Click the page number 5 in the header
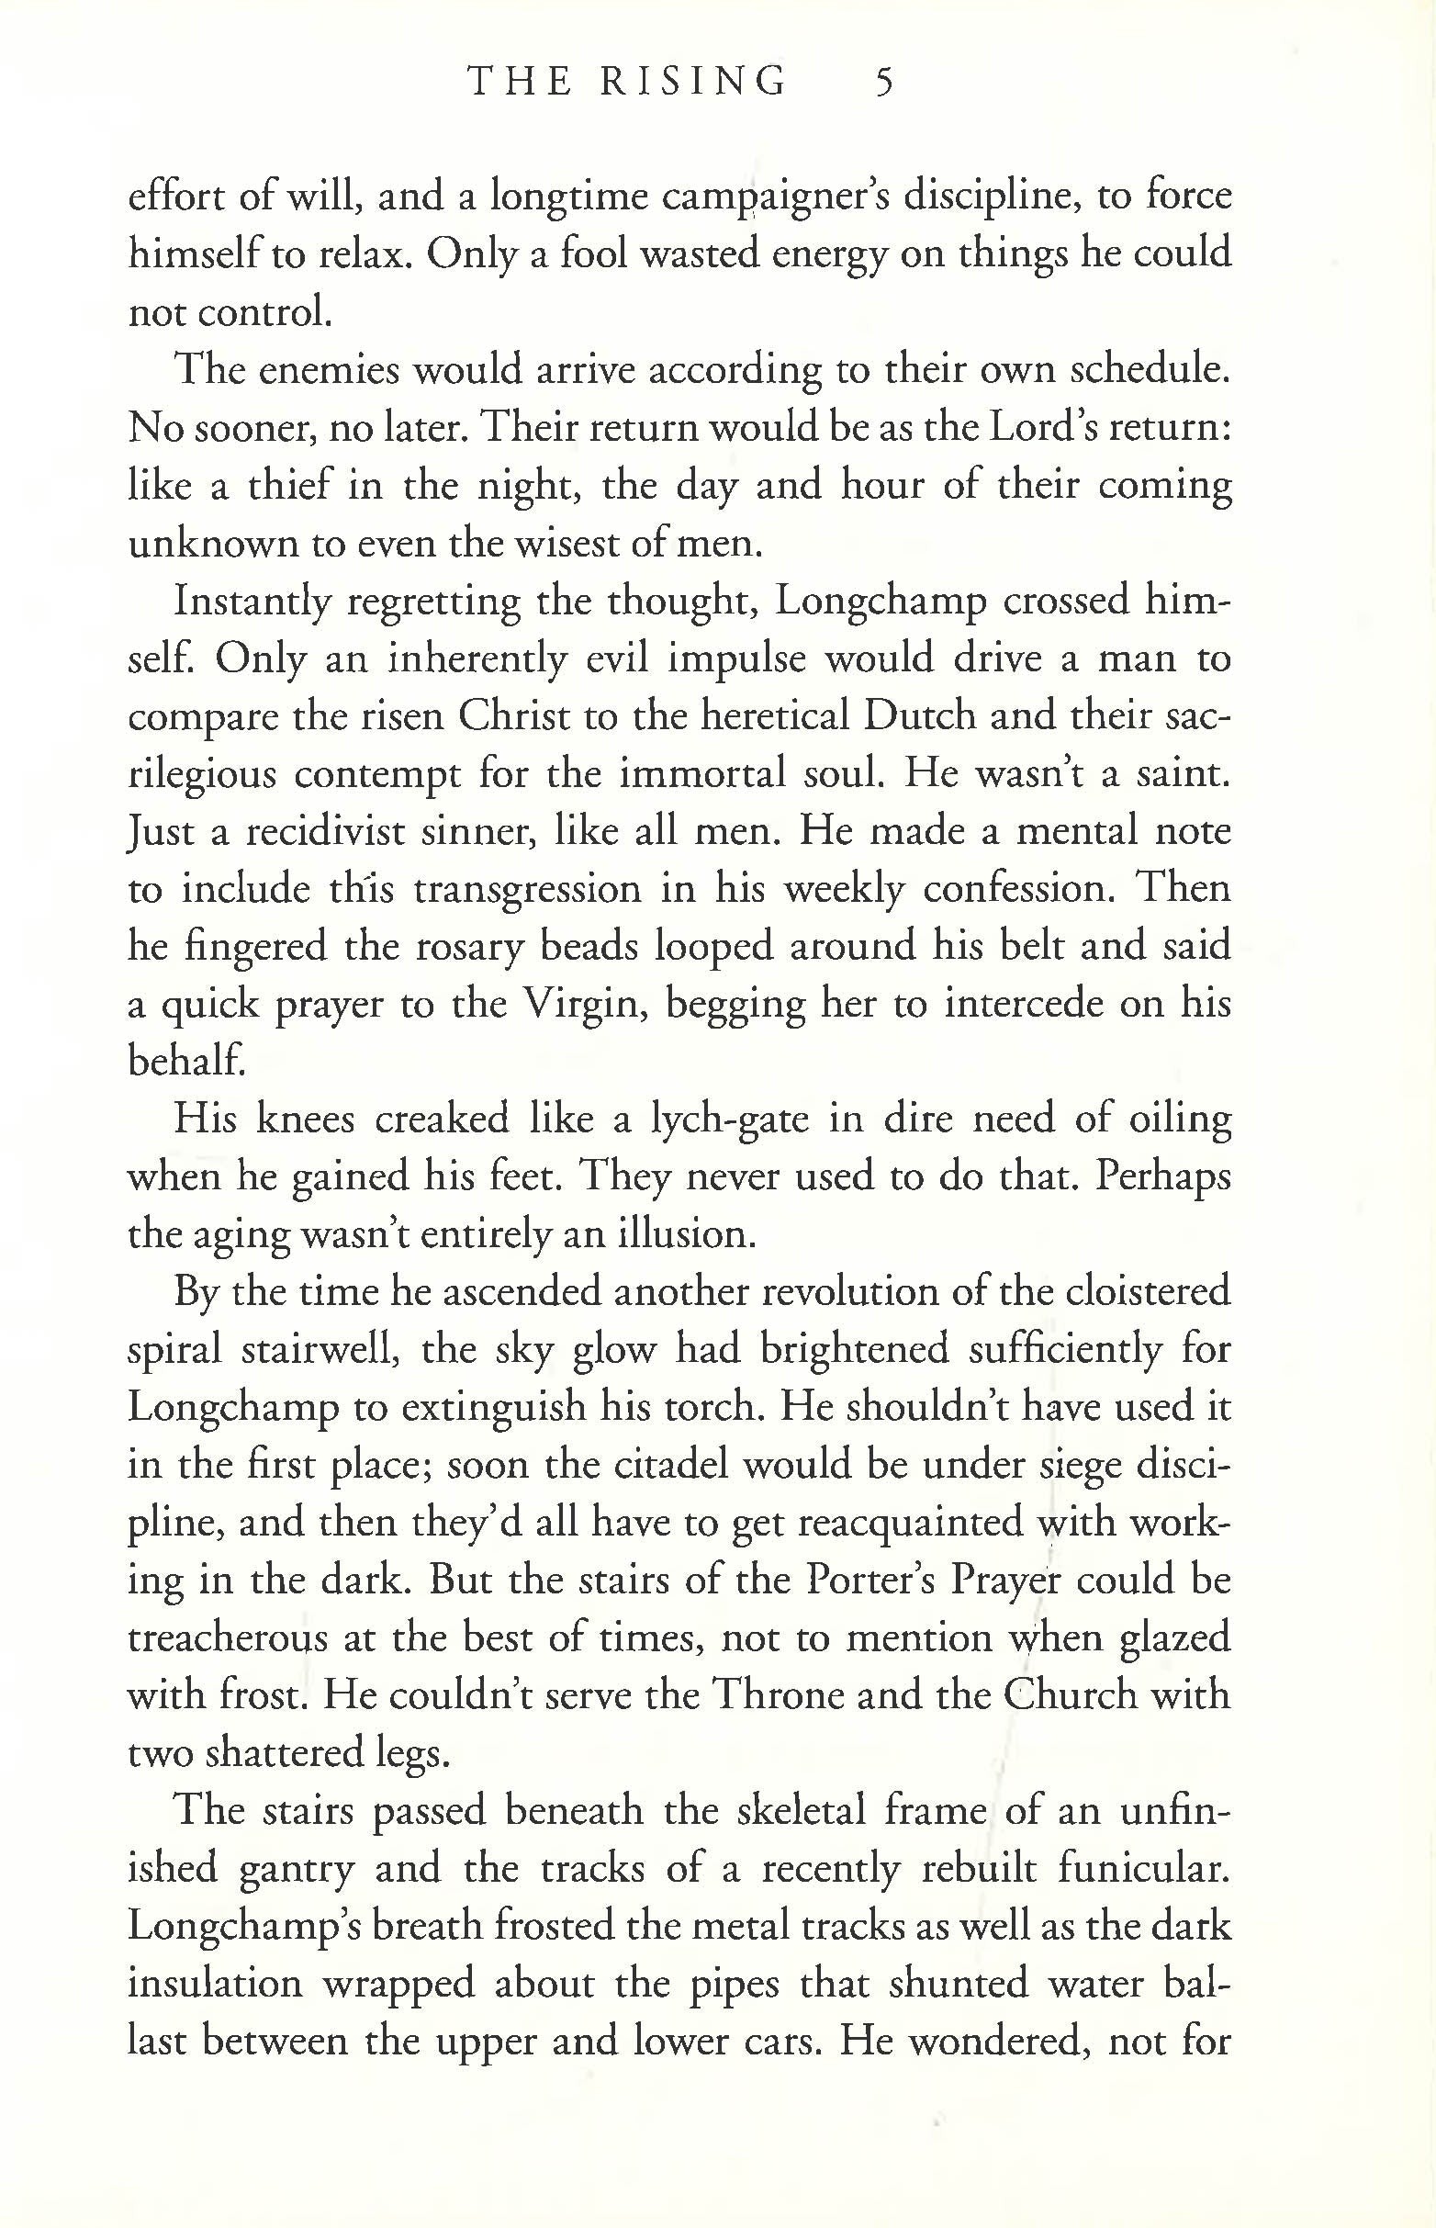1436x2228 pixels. pos(884,83)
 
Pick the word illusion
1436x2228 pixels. pos(686,1235)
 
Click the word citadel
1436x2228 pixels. pos(669,1465)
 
